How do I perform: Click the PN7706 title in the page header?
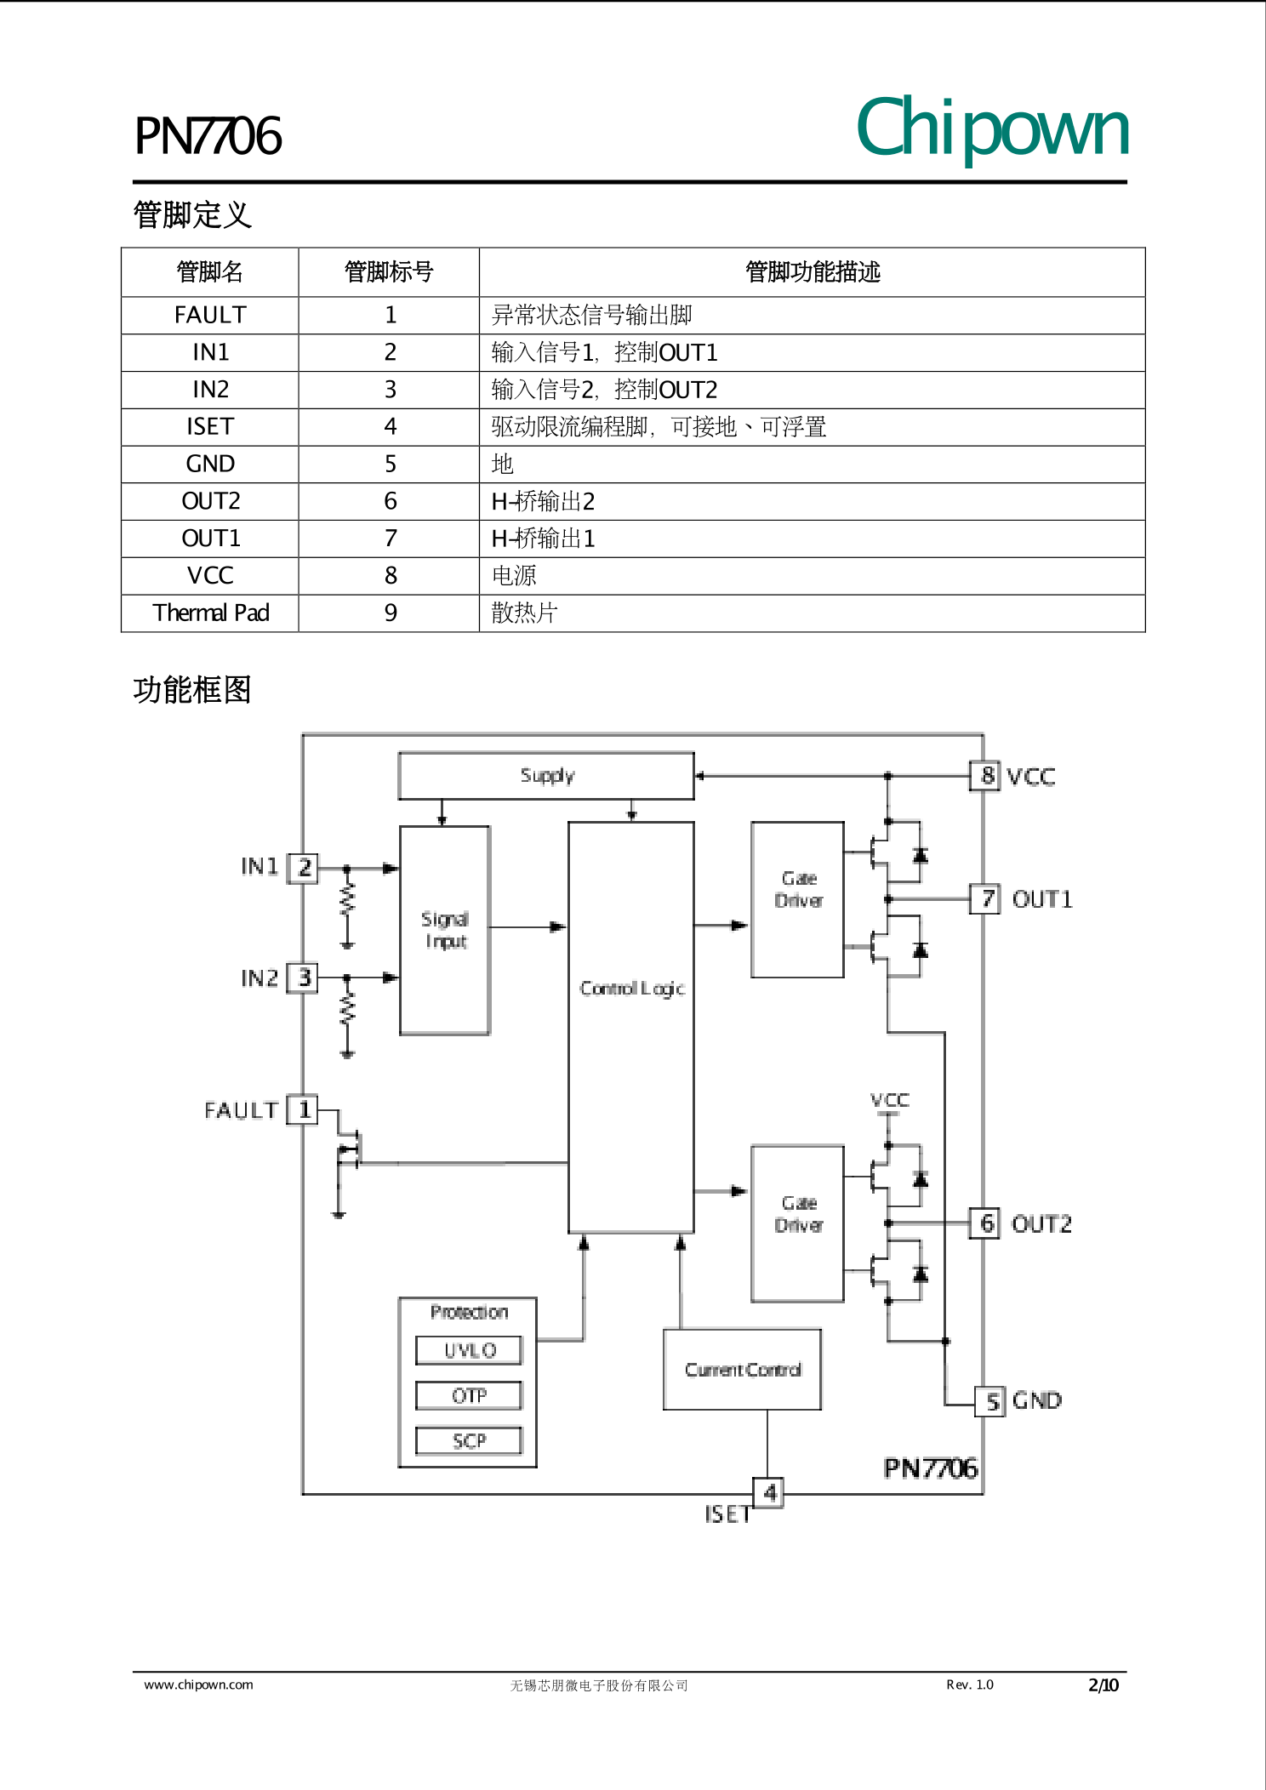208,136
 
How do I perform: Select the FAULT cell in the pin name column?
210,315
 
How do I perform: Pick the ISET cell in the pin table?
210,426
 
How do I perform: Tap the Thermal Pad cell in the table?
210,613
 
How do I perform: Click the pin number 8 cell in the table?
390,576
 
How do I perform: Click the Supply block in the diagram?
546,775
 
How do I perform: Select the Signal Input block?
445,930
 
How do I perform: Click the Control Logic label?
631,988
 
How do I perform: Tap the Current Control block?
742,1370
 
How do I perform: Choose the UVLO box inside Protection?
469,1350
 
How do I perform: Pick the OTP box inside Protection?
469,1395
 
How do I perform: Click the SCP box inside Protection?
469,1440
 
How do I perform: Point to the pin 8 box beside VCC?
985,776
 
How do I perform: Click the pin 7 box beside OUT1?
985,898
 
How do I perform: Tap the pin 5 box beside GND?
990,1401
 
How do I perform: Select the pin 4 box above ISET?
768,1492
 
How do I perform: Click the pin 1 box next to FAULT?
302,1109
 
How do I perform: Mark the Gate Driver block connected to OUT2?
798,1223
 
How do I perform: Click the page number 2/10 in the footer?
1103,1685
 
